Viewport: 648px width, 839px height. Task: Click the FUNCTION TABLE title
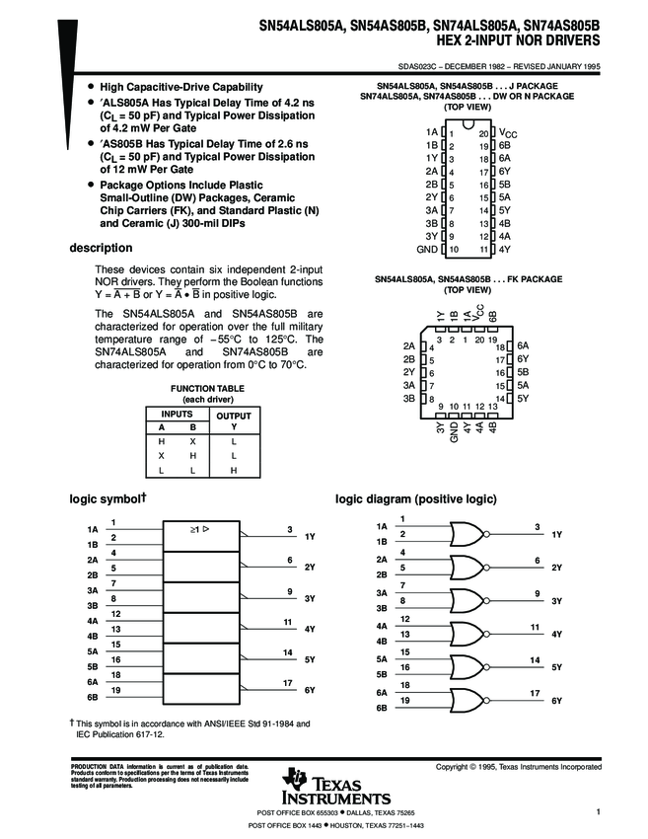[207, 389]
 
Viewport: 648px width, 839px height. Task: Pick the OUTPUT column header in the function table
[234, 416]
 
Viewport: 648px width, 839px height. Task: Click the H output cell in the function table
[234, 471]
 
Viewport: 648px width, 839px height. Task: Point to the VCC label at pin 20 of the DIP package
[508, 131]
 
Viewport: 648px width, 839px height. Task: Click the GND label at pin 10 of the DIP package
[428, 250]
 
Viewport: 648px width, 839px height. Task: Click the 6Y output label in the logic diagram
[556, 700]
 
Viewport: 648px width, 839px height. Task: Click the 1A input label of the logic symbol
[93, 529]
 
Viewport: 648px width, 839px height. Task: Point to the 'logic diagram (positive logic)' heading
[416, 498]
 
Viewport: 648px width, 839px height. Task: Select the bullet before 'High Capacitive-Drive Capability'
[92, 88]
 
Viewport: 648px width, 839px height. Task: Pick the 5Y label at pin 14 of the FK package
[523, 398]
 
